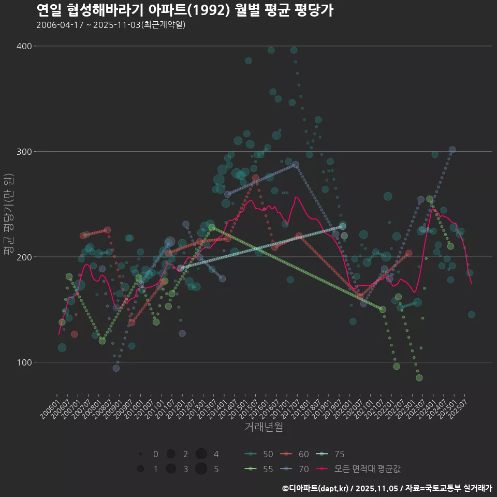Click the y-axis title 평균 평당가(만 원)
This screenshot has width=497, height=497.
pyautogui.click(x=9, y=215)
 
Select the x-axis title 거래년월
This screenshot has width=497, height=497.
pyautogui.click(x=264, y=427)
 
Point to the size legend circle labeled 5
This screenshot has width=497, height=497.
pyautogui.click(x=201, y=469)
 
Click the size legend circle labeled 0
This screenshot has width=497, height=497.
pyautogui.click(x=140, y=454)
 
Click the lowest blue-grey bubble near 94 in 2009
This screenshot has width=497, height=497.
pyautogui.click(x=116, y=368)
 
